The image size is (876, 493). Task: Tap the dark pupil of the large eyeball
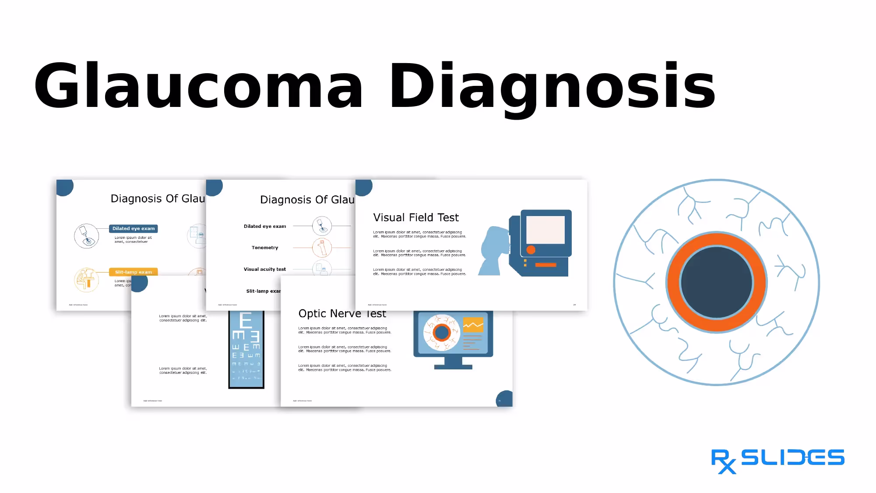[x=717, y=282]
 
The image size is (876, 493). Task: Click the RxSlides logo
[x=777, y=460]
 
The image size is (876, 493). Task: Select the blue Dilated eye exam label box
[x=134, y=228]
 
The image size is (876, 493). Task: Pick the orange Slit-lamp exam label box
[x=134, y=272]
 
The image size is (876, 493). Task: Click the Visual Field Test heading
[x=415, y=217]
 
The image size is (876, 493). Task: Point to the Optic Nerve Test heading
[x=342, y=314]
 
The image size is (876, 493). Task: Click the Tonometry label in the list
[x=265, y=248]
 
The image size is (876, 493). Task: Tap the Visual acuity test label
[x=265, y=269]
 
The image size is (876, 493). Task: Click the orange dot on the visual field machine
[x=531, y=250]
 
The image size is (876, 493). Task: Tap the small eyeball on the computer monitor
[x=441, y=333]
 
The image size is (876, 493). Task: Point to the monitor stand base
[x=453, y=366]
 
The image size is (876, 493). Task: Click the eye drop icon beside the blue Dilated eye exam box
[x=87, y=236]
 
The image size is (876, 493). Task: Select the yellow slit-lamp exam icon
[x=86, y=280]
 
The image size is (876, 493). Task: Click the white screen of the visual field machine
[x=545, y=230]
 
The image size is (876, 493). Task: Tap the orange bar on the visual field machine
[x=545, y=265]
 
